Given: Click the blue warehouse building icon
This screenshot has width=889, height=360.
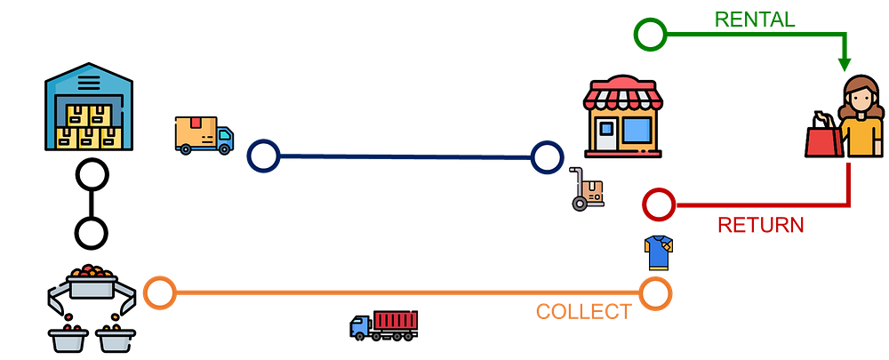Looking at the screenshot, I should click(89, 109).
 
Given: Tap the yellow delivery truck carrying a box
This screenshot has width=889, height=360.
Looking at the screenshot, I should click(204, 135).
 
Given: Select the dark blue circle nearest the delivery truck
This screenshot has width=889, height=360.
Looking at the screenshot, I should click(263, 156).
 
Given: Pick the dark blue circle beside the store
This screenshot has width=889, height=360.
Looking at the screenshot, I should click(548, 158).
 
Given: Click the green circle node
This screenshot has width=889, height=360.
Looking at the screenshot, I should click(650, 35).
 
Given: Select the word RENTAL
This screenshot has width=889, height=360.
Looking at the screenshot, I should click(755, 19).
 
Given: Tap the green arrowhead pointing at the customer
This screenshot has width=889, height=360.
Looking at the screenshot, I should click(844, 63).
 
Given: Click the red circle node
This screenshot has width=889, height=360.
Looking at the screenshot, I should click(659, 205).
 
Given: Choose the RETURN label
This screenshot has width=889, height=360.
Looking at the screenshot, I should click(760, 225).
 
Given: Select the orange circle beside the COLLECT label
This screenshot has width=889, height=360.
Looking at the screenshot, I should click(655, 292).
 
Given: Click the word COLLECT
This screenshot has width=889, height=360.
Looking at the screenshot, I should click(583, 312).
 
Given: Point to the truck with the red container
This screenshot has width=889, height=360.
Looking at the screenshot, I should click(384, 324).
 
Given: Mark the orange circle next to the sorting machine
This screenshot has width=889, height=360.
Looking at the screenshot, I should click(159, 292).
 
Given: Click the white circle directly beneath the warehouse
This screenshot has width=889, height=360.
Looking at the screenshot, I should click(92, 175).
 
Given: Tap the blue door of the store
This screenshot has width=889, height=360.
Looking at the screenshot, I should click(606, 136).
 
